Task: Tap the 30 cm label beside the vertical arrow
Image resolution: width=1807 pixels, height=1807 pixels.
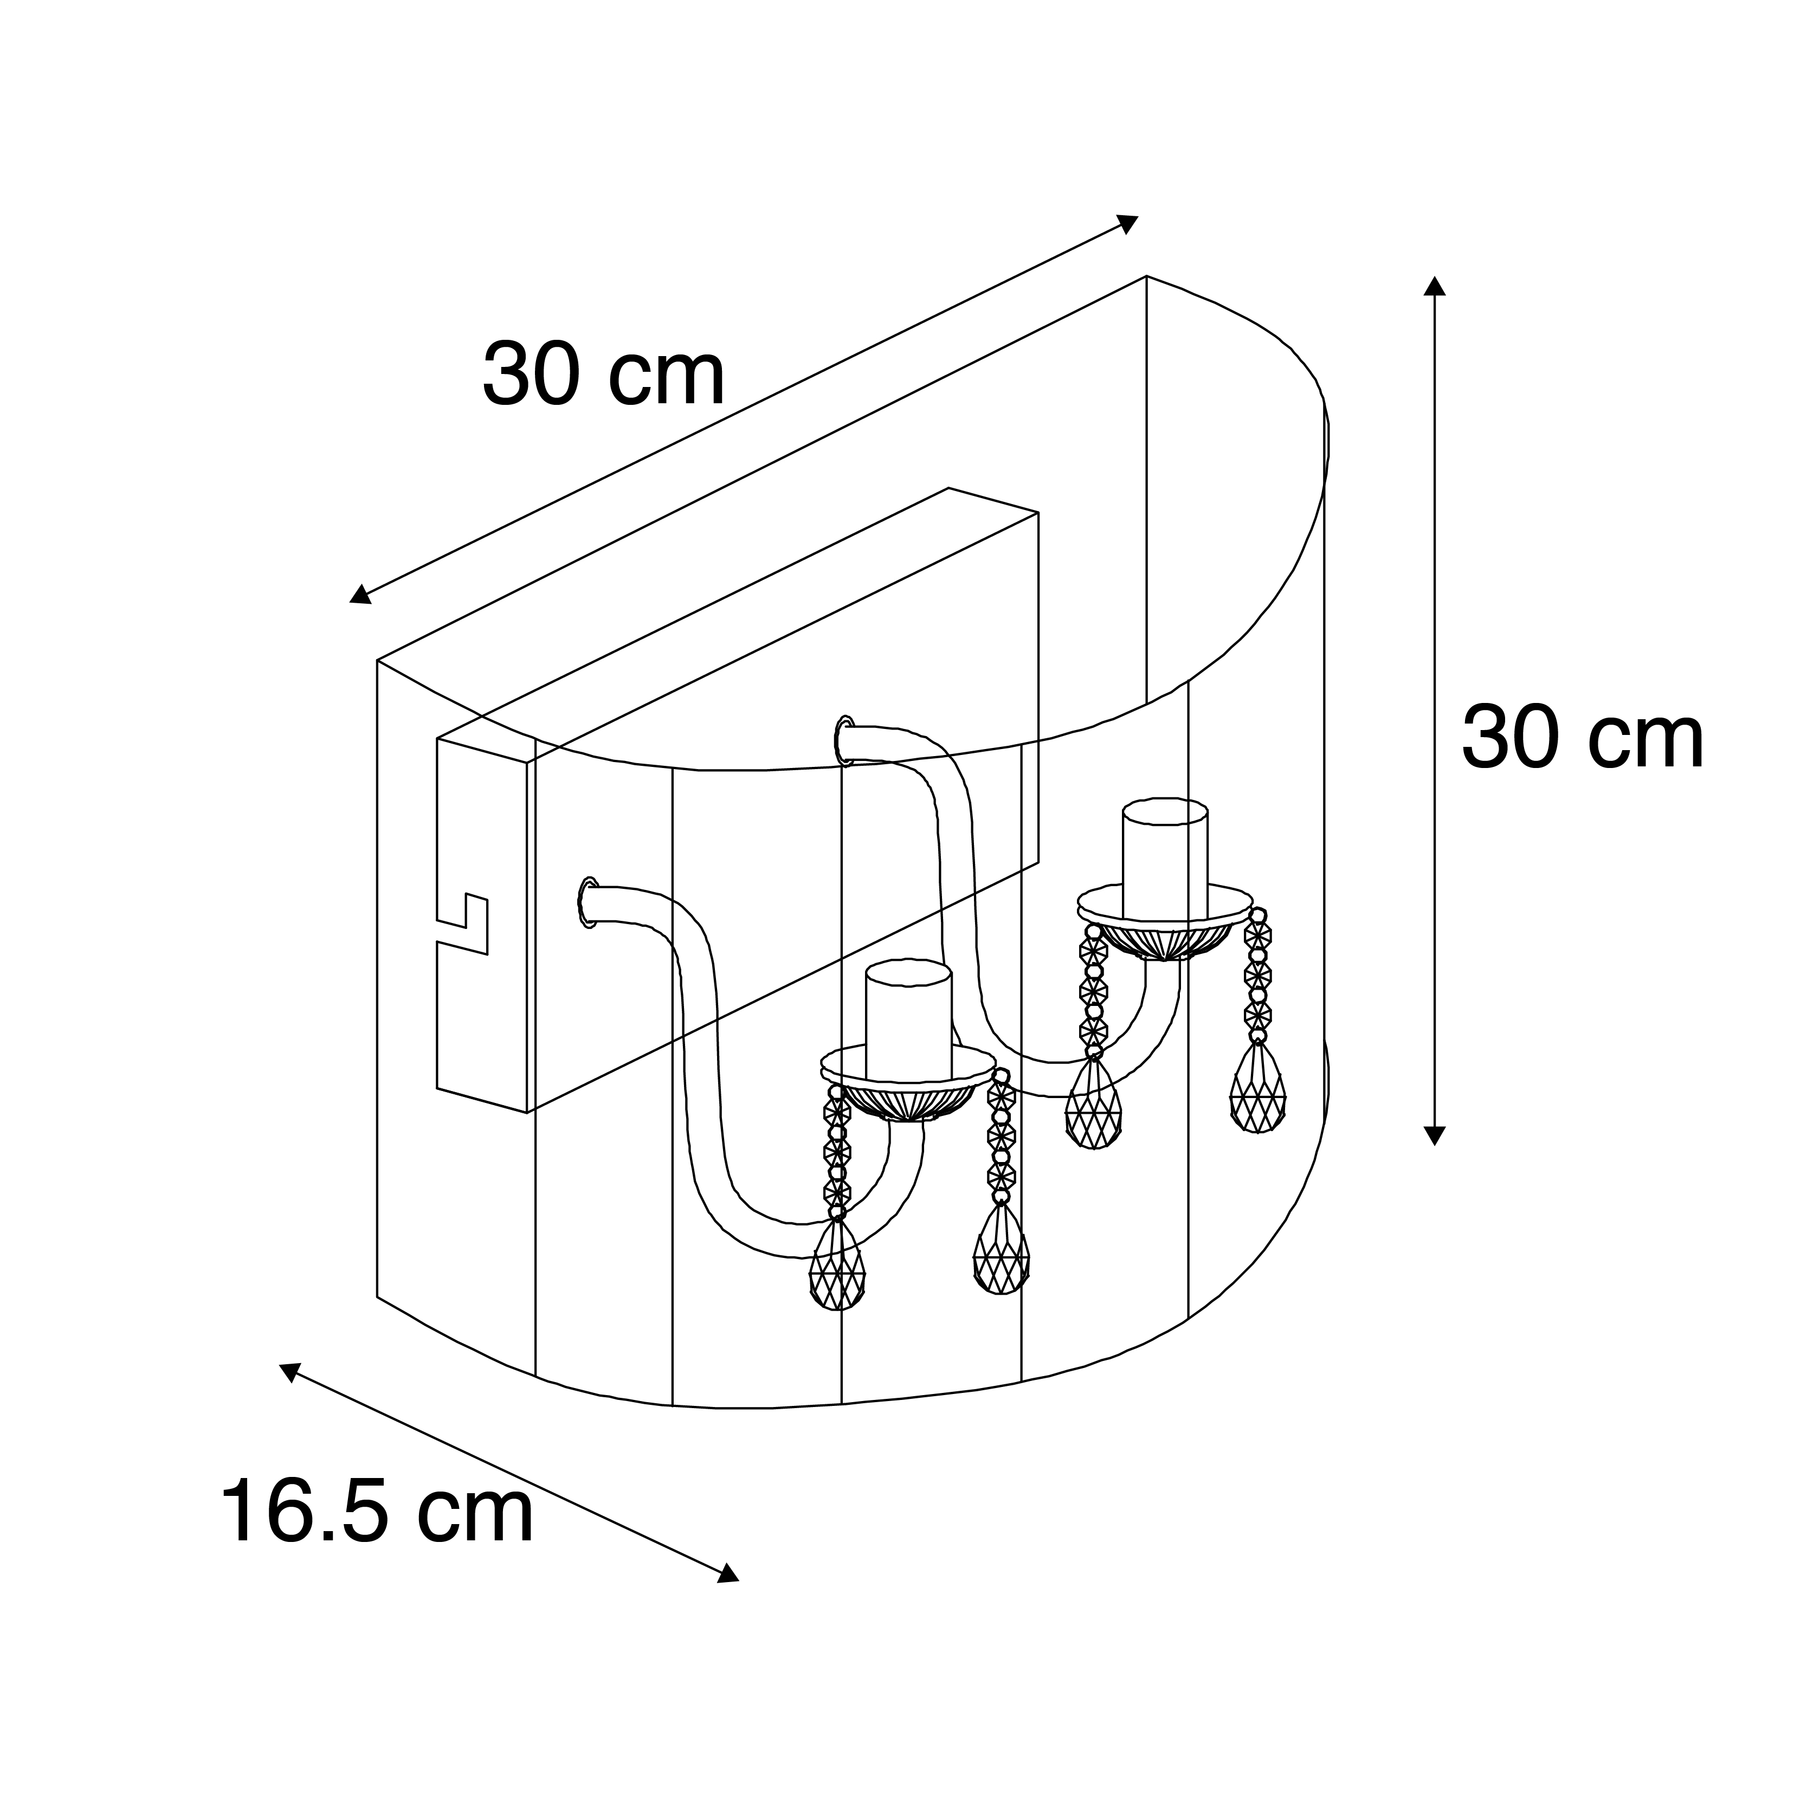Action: pos(1583,738)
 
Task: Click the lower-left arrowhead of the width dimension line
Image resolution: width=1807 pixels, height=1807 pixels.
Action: pos(360,594)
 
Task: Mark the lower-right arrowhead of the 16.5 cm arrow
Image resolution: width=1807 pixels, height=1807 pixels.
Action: pos(728,1574)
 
